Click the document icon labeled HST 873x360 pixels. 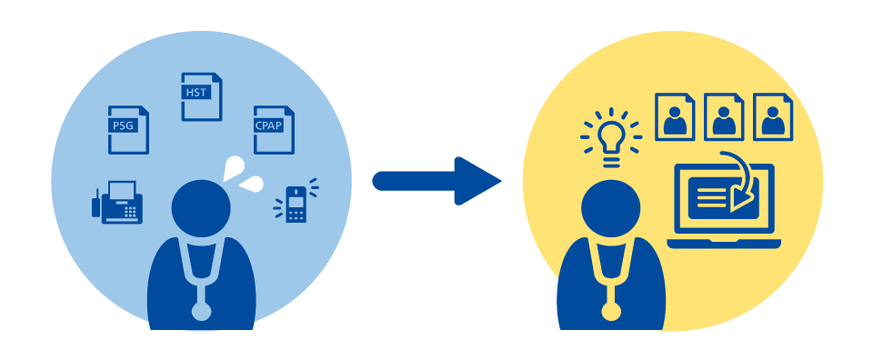tap(202, 96)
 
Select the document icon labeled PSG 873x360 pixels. tap(128, 130)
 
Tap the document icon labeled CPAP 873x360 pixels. tap(274, 130)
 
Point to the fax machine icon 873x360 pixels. tap(117, 203)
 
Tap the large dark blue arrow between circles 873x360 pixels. tap(436, 181)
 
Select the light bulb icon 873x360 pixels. tap(611, 137)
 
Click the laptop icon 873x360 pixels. tap(724, 205)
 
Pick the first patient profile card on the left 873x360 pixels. tap(675, 117)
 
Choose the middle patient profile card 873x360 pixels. tap(724, 117)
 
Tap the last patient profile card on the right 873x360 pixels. tap(773, 117)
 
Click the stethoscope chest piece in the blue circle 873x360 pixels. tap(201, 311)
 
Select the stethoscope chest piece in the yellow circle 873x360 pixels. tap(611, 311)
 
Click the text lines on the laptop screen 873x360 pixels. tap(711, 198)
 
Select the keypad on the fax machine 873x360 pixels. tap(130, 212)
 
